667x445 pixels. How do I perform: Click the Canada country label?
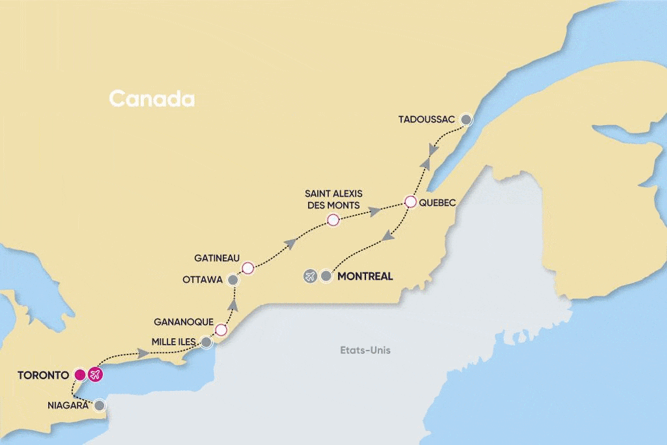pyautogui.click(x=152, y=99)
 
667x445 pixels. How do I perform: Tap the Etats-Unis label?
pyautogui.click(x=365, y=351)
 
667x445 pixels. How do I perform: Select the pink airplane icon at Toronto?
pyautogui.click(x=96, y=375)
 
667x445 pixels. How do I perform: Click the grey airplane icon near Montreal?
pyautogui.click(x=310, y=276)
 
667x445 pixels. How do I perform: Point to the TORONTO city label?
pyautogui.click(x=43, y=375)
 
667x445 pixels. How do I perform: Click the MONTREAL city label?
pyautogui.click(x=365, y=276)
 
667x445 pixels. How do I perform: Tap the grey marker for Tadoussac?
pyautogui.click(x=466, y=119)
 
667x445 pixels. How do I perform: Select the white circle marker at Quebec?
pyautogui.click(x=410, y=202)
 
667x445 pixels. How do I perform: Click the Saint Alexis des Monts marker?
pyautogui.click(x=333, y=220)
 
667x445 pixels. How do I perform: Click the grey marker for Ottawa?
pyautogui.click(x=233, y=280)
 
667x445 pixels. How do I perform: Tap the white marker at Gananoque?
pyautogui.click(x=221, y=330)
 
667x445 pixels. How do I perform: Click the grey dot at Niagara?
pyautogui.click(x=99, y=405)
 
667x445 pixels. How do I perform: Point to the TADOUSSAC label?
pyautogui.click(x=429, y=119)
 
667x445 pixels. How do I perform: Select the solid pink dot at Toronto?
pyautogui.click(x=79, y=375)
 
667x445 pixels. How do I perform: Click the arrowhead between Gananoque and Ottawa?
pyautogui.click(x=234, y=305)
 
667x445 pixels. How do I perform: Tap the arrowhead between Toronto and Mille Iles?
pyautogui.click(x=143, y=354)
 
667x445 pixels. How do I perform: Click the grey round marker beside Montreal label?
pyautogui.click(x=326, y=276)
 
